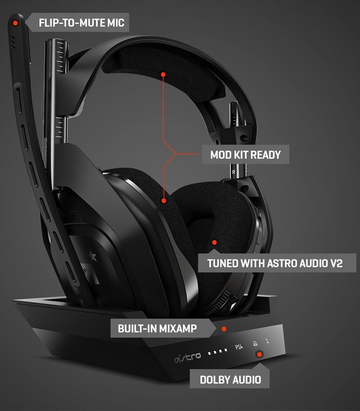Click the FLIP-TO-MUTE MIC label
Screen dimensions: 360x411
(81, 23)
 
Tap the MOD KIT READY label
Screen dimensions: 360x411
(245, 155)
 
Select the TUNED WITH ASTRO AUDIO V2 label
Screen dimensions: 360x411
(275, 263)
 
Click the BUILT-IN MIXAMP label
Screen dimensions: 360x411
(157, 328)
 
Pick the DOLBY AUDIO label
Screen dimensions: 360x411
(230, 380)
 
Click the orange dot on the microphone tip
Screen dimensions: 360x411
(15, 23)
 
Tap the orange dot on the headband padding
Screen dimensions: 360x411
(163, 74)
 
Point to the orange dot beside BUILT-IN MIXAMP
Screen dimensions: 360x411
(224, 329)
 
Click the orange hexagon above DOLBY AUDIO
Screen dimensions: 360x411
(259, 354)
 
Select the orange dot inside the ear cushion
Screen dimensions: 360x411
(214, 242)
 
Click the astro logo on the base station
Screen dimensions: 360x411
(188, 357)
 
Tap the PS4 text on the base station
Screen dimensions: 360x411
(239, 347)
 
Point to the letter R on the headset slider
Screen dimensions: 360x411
(233, 172)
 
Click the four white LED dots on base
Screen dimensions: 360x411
(218, 351)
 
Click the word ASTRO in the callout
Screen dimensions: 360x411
(282, 263)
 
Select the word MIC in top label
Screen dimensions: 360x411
(116, 23)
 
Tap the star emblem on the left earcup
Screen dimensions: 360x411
(91, 267)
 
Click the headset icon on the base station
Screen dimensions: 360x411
(255, 344)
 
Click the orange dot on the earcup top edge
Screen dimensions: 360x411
(164, 201)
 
